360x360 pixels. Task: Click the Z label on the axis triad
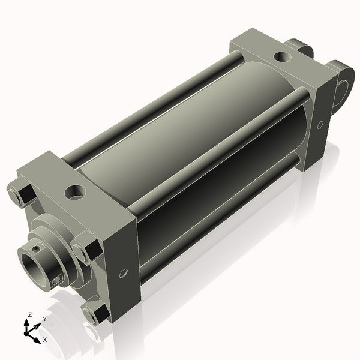[30, 314]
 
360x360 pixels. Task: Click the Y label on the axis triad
[44, 319]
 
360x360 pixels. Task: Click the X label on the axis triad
[44, 340]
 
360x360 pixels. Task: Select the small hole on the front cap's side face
[123, 274]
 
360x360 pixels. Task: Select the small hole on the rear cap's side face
[320, 125]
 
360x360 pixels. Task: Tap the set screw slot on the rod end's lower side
[57, 280]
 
